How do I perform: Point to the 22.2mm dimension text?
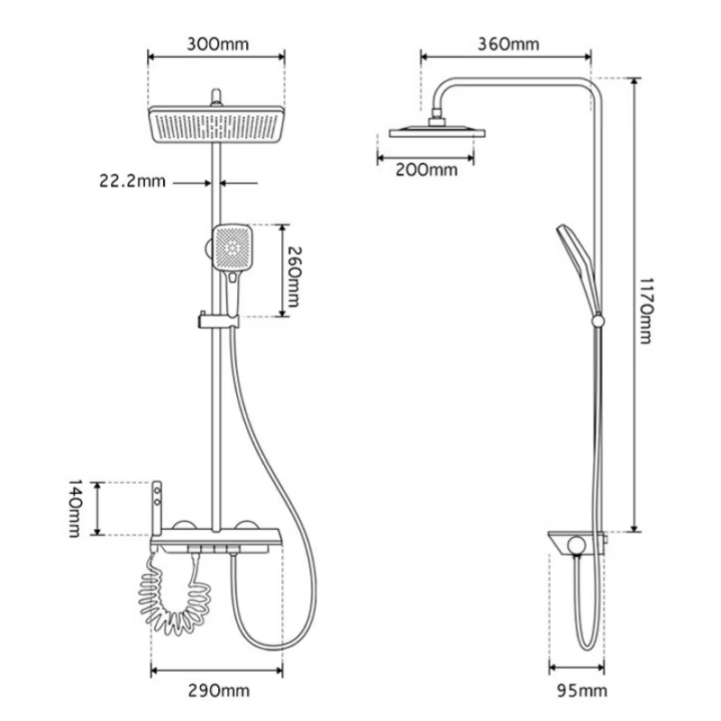pos(132,180)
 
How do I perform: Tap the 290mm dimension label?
pos(217,691)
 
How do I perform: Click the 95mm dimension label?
pos(577,691)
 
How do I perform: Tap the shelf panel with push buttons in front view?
pos(216,545)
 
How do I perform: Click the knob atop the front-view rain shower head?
pos(216,96)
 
